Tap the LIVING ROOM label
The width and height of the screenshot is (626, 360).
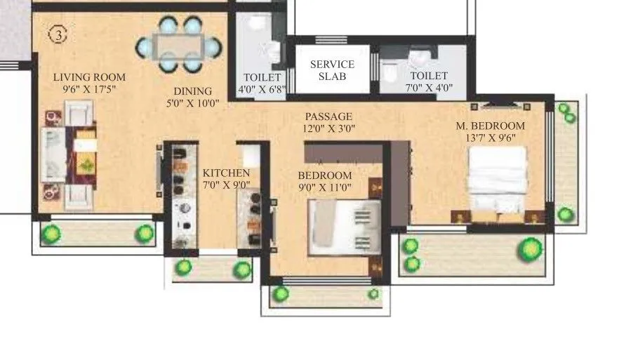point(89,77)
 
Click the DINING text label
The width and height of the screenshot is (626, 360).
point(193,91)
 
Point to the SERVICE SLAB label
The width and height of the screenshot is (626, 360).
point(332,70)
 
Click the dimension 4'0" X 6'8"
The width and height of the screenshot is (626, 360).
point(262,89)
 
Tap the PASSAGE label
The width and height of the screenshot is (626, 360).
point(328,116)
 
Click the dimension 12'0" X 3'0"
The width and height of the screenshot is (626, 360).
point(328,128)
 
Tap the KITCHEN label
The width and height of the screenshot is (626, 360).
point(226,173)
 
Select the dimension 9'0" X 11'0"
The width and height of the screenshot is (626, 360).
point(324,187)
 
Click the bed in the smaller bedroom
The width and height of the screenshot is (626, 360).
point(344,228)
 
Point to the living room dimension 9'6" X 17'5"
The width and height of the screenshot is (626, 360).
point(89,89)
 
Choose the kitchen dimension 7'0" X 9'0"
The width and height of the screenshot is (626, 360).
point(226,186)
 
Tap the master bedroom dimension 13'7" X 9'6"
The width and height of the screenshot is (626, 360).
point(491,138)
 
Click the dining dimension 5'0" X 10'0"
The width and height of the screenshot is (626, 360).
point(193,102)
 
